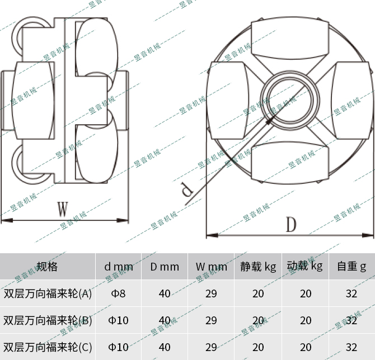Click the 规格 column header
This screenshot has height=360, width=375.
[x=47, y=267]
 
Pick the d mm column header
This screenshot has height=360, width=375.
[x=118, y=267]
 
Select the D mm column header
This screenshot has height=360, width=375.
[x=165, y=267]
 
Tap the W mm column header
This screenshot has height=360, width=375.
[x=211, y=267]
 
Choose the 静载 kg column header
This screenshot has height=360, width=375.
[x=258, y=267]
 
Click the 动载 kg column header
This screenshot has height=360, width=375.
[x=305, y=266]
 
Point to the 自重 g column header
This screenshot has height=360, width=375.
[x=351, y=267]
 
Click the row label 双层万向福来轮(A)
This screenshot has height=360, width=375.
[x=48, y=293]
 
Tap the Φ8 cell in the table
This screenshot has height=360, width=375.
[x=118, y=293]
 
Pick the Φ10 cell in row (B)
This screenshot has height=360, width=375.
[x=118, y=320]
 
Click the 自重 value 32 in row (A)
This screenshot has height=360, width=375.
[x=351, y=293]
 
